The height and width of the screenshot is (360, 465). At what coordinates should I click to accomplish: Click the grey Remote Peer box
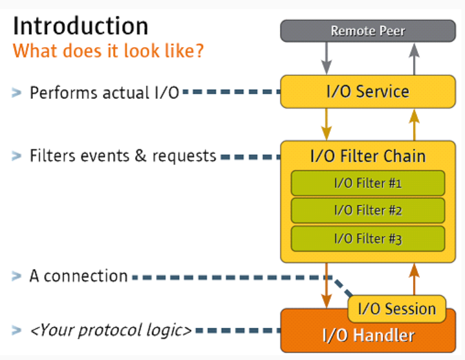click(368, 31)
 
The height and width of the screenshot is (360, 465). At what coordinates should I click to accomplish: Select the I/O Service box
click(368, 92)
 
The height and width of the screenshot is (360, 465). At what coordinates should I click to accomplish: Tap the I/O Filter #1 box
click(368, 183)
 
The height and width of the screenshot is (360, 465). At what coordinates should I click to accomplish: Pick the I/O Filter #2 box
click(368, 210)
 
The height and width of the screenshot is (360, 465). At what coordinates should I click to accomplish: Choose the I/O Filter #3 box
click(368, 239)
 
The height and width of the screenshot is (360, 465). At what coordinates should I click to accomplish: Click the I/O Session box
click(397, 309)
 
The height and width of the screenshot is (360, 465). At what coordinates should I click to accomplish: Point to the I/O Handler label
click(368, 336)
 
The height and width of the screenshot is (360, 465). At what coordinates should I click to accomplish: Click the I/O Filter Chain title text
click(368, 156)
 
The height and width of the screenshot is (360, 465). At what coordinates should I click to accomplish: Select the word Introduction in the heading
click(81, 26)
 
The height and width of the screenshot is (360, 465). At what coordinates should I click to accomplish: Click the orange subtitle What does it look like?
click(109, 51)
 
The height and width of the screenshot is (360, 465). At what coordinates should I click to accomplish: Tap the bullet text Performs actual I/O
click(104, 92)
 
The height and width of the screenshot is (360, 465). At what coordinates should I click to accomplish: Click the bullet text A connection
click(79, 276)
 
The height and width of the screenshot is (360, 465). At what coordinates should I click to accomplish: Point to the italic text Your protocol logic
click(111, 330)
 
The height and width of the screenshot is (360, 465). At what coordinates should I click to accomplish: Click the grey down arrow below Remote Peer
click(326, 58)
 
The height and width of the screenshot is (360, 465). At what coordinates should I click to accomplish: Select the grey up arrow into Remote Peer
click(414, 59)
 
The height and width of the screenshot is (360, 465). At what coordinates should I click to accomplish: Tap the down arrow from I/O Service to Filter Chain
click(326, 124)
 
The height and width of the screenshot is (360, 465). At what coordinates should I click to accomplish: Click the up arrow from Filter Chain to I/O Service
click(414, 125)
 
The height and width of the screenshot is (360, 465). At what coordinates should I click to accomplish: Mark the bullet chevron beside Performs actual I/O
click(16, 92)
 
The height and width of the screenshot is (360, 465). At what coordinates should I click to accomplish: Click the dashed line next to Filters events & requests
click(251, 157)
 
